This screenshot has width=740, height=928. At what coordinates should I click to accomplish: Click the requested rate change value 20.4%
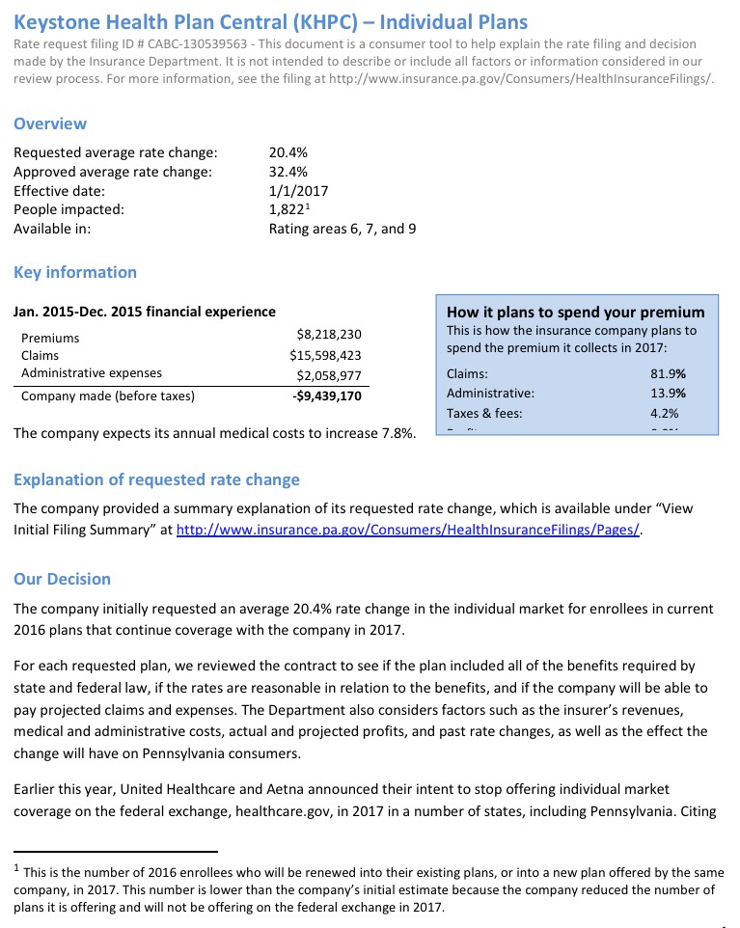288,152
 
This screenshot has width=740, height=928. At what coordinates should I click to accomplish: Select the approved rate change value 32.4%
288,172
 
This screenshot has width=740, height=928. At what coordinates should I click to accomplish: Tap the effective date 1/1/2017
298,191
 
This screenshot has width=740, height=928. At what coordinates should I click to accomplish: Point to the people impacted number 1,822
287,209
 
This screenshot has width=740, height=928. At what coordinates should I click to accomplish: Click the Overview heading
50,123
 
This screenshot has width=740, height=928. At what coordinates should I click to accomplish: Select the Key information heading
75,272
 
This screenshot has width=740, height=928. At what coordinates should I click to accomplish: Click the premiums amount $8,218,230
329,335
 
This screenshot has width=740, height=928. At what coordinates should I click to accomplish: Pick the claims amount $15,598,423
325,356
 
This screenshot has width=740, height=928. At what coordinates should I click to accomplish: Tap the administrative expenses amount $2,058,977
329,375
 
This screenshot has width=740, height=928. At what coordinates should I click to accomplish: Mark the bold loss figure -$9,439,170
327,396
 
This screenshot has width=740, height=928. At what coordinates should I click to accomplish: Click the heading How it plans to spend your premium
576,312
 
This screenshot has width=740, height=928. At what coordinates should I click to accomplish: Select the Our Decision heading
62,579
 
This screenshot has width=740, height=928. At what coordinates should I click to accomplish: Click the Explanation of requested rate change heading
156,479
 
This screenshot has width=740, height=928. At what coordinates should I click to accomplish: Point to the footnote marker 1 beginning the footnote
17,867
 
